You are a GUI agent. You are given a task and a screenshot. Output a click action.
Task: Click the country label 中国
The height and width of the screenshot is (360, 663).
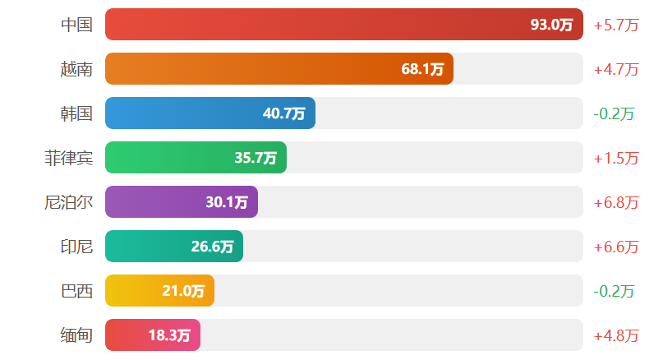(x=76, y=25)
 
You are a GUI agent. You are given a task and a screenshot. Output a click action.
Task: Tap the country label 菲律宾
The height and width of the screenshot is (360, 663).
(x=68, y=158)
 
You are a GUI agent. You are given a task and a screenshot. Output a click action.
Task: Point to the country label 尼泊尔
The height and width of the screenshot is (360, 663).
(x=68, y=202)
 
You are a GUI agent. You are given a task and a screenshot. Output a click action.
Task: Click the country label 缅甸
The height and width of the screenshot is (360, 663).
(x=76, y=335)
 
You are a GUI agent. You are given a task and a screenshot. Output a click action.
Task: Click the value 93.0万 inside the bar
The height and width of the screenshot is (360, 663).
(x=551, y=25)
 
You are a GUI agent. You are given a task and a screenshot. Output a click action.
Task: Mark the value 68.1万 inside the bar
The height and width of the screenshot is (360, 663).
(x=422, y=69)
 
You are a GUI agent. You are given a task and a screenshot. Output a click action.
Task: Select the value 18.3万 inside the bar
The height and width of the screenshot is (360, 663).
(x=169, y=335)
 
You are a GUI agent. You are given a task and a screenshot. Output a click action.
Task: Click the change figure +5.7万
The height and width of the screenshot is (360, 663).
(x=615, y=25)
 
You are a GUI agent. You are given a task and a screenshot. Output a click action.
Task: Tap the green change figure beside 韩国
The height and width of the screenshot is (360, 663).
(x=614, y=113)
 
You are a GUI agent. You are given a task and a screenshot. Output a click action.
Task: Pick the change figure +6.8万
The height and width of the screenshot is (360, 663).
(x=615, y=202)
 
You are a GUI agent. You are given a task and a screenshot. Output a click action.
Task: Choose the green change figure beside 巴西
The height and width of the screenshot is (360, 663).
(x=614, y=291)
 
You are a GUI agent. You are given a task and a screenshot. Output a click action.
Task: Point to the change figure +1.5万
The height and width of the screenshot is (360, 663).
(x=615, y=158)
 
